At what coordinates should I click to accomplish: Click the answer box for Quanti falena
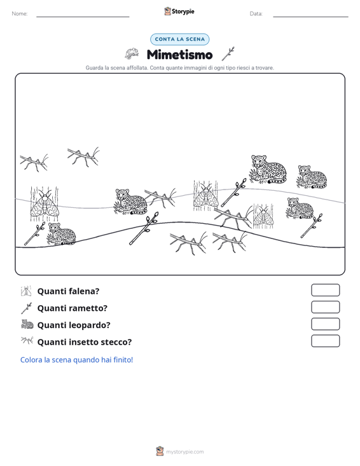click(x=325, y=290)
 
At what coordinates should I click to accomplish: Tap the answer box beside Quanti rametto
click(x=325, y=307)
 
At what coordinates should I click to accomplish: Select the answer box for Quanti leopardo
click(x=325, y=324)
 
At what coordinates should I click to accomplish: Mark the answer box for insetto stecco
click(x=325, y=341)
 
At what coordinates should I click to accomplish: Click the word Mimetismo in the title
click(x=179, y=55)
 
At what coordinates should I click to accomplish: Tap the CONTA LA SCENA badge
click(x=179, y=39)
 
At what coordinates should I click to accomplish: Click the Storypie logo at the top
click(x=179, y=11)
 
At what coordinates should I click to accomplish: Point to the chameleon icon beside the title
click(x=132, y=53)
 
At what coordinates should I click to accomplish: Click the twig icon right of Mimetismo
click(x=228, y=54)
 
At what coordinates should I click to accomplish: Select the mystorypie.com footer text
click(x=184, y=452)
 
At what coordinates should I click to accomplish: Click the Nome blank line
click(x=83, y=17)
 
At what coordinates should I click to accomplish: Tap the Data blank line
click(x=310, y=17)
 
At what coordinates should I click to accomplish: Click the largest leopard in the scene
click(x=268, y=169)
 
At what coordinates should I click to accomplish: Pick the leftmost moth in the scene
click(x=45, y=204)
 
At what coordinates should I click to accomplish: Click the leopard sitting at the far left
click(x=62, y=233)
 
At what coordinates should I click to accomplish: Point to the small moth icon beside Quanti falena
click(x=26, y=291)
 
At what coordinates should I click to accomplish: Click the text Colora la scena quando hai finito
click(x=76, y=360)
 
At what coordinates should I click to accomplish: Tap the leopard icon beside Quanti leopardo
click(x=27, y=324)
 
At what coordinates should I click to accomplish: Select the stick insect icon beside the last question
click(x=27, y=340)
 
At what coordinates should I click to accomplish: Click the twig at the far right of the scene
click(x=312, y=226)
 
